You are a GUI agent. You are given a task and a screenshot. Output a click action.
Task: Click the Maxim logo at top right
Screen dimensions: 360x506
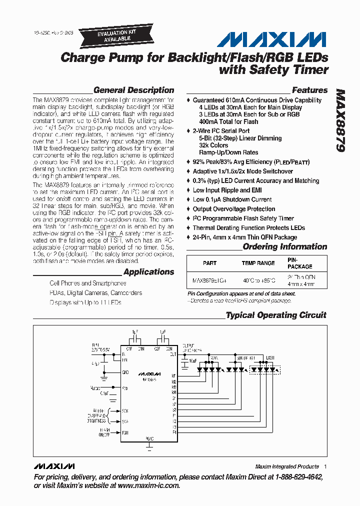click(274, 39)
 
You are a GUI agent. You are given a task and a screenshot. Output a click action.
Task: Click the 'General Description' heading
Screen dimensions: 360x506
click(133, 90)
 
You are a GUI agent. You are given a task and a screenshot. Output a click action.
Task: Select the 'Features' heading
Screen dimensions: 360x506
click(309, 90)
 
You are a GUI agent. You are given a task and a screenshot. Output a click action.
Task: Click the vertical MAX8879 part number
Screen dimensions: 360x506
click(342, 120)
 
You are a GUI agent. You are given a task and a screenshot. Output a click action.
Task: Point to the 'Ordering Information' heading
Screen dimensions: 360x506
click(284, 246)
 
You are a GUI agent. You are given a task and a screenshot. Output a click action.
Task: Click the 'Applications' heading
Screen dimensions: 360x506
click(148, 272)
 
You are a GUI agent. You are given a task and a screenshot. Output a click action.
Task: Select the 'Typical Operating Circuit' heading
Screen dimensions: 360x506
click(275, 315)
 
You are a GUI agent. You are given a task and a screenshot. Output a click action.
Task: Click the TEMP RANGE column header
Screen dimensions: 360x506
click(258, 263)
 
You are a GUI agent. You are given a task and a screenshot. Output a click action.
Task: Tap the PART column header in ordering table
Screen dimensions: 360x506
click(210, 263)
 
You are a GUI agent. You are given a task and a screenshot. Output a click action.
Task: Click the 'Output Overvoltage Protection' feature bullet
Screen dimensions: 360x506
click(234, 209)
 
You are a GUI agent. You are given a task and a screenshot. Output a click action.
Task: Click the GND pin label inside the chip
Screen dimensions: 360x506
click(125, 372)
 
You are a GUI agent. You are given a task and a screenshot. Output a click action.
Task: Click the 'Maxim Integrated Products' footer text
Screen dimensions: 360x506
click(286, 466)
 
